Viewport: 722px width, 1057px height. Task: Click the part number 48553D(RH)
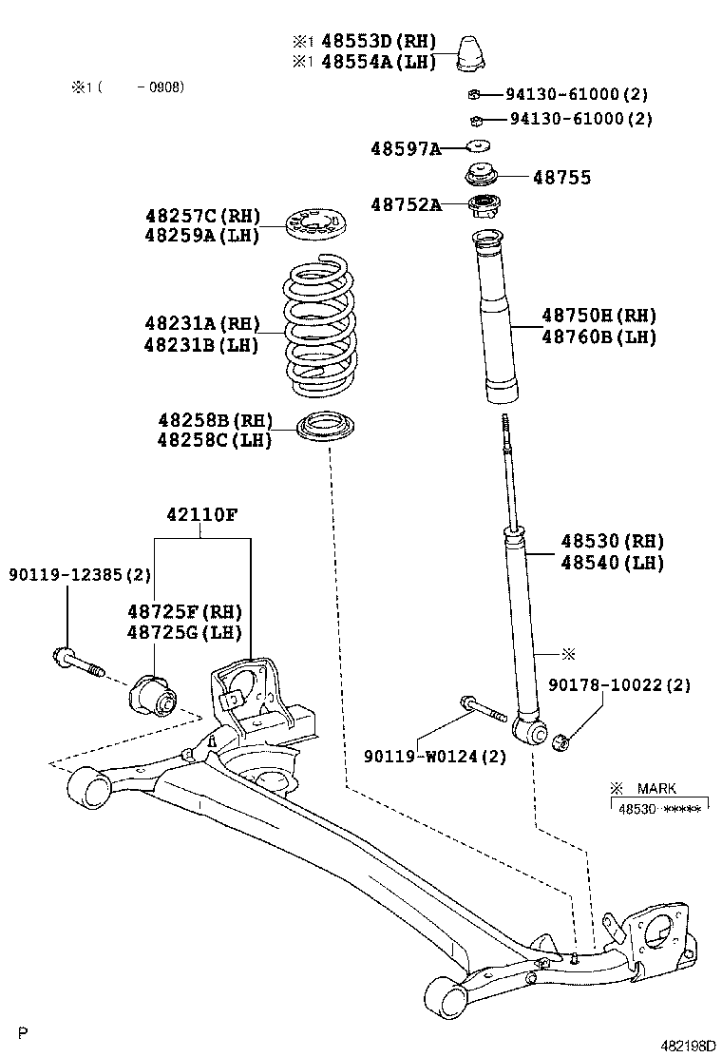click(377, 41)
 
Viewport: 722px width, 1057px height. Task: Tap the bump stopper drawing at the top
click(474, 53)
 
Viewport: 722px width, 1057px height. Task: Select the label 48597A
click(406, 148)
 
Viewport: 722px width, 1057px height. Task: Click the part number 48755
click(561, 177)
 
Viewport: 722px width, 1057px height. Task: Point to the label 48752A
click(406, 204)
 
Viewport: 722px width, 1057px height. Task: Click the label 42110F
click(201, 514)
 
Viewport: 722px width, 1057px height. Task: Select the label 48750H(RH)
click(598, 316)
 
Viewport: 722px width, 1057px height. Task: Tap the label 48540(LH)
click(612, 563)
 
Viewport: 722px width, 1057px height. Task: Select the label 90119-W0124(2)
click(435, 756)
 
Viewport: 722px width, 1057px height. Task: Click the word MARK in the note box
click(655, 788)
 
